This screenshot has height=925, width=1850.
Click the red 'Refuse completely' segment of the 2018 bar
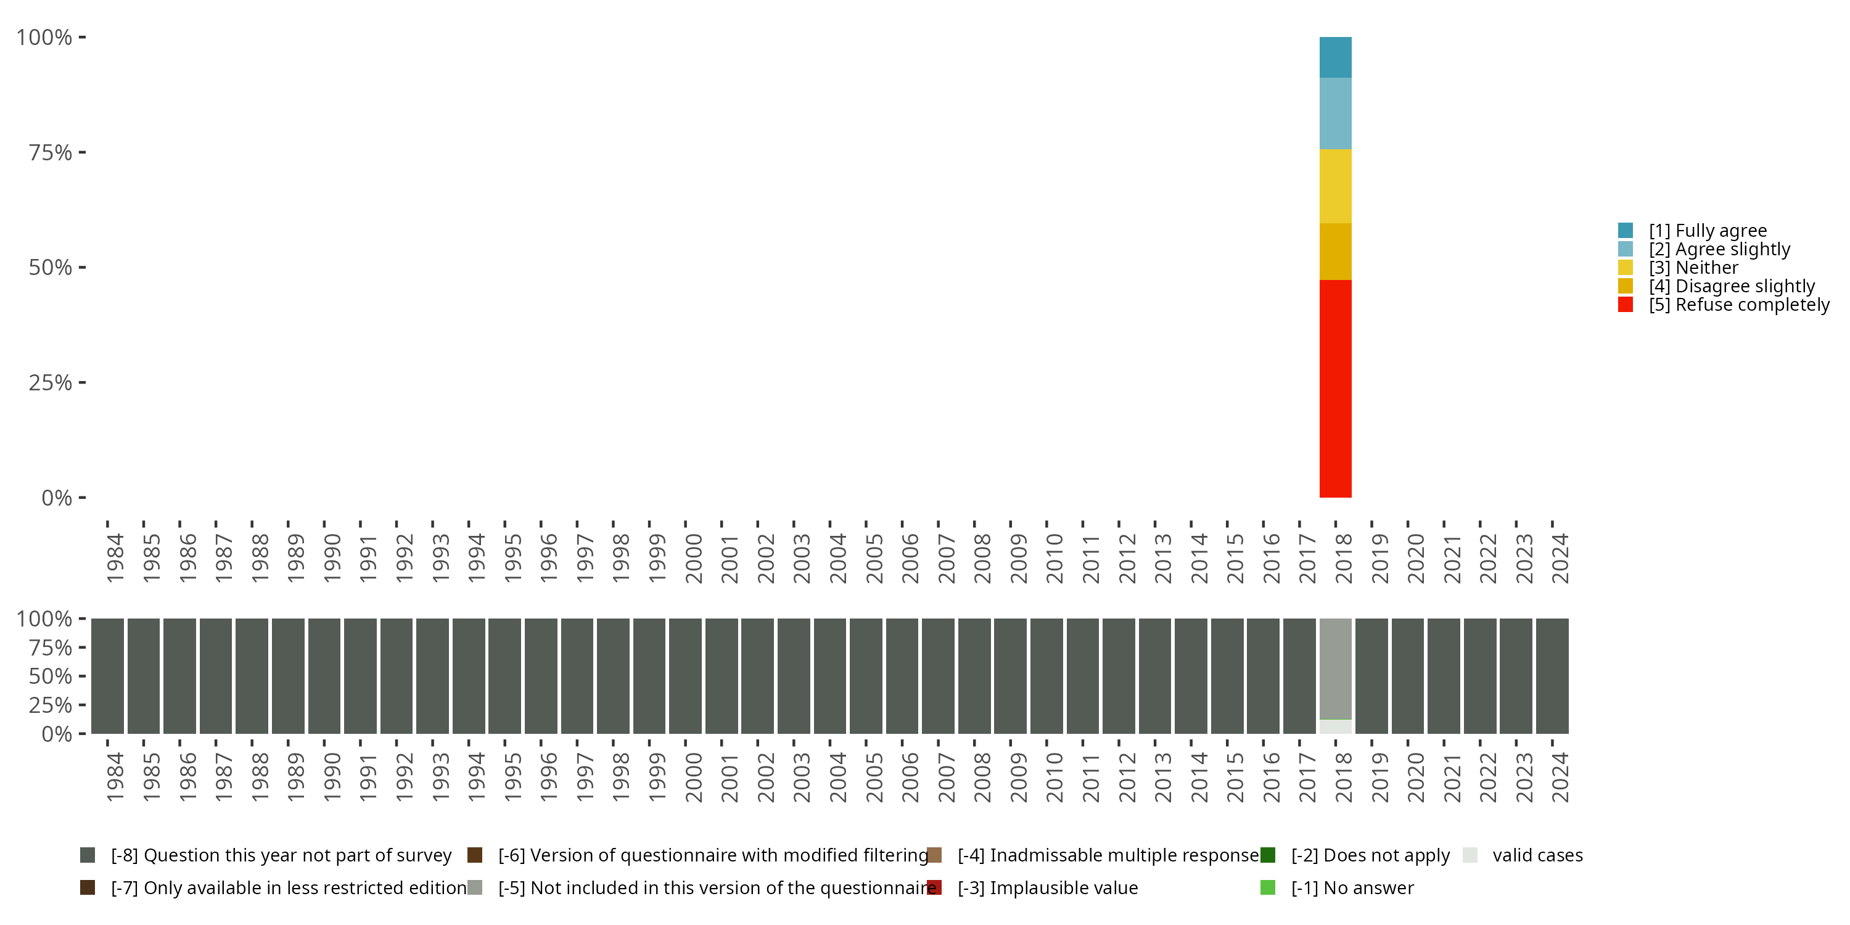(x=1335, y=388)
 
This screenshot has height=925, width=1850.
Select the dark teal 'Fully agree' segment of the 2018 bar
(x=1335, y=57)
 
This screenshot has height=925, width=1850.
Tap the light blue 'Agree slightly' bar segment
(x=1335, y=113)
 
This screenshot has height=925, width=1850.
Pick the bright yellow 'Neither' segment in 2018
(x=1335, y=186)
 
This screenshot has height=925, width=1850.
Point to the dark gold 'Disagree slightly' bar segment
(x=1335, y=252)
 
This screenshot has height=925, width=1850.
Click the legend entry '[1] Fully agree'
(x=1707, y=231)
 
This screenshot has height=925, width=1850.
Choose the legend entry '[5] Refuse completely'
(x=1738, y=305)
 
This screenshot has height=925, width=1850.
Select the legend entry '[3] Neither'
(x=1693, y=268)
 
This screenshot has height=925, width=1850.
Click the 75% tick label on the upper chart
(x=51, y=152)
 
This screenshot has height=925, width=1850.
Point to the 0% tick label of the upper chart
(x=57, y=498)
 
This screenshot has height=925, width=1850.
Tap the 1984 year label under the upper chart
(x=115, y=558)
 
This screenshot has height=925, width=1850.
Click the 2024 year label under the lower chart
(x=1560, y=777)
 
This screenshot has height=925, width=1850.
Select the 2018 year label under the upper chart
(x=1343, y=558)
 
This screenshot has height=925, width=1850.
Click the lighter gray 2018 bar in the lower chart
(x=1335, y=668)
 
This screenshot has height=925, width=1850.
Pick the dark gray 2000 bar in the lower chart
(x=685, y=676)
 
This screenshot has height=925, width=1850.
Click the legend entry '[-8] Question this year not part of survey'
(x=280, y=855)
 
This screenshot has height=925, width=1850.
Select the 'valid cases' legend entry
(x=1537, y=855)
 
